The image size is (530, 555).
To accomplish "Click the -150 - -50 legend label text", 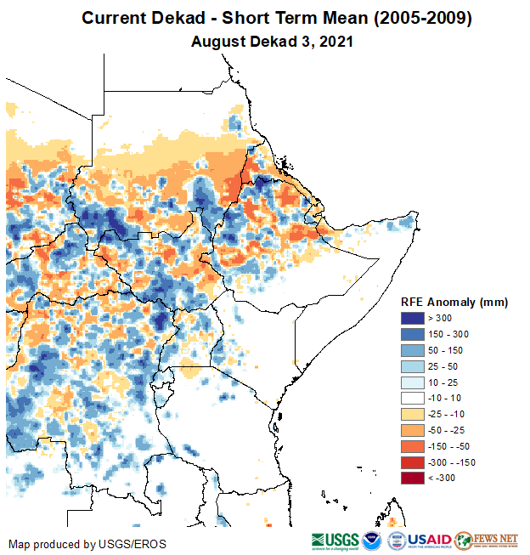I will [x=454, y=446].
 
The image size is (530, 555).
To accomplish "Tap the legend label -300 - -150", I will [x=455, y=462].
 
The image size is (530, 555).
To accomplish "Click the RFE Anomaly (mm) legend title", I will [x=454, y=302].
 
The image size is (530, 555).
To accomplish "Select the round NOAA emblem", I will [x=372, y=541].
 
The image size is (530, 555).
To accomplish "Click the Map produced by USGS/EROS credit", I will [x=87, y=544].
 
